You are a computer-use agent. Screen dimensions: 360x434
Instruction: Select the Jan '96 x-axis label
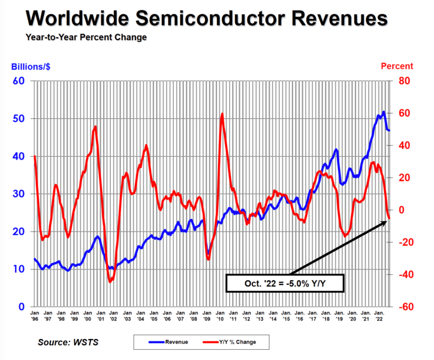tap(35, 316)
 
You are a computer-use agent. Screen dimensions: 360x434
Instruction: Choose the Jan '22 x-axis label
tap(379, 316)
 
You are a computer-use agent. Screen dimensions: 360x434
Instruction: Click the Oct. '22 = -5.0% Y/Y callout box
tap(284, 283)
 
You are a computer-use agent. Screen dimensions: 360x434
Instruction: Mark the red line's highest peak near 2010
tap(222, 113)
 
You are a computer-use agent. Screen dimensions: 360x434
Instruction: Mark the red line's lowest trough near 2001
tap(110, 281)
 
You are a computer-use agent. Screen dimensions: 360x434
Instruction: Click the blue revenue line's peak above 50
tap(384, 112)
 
